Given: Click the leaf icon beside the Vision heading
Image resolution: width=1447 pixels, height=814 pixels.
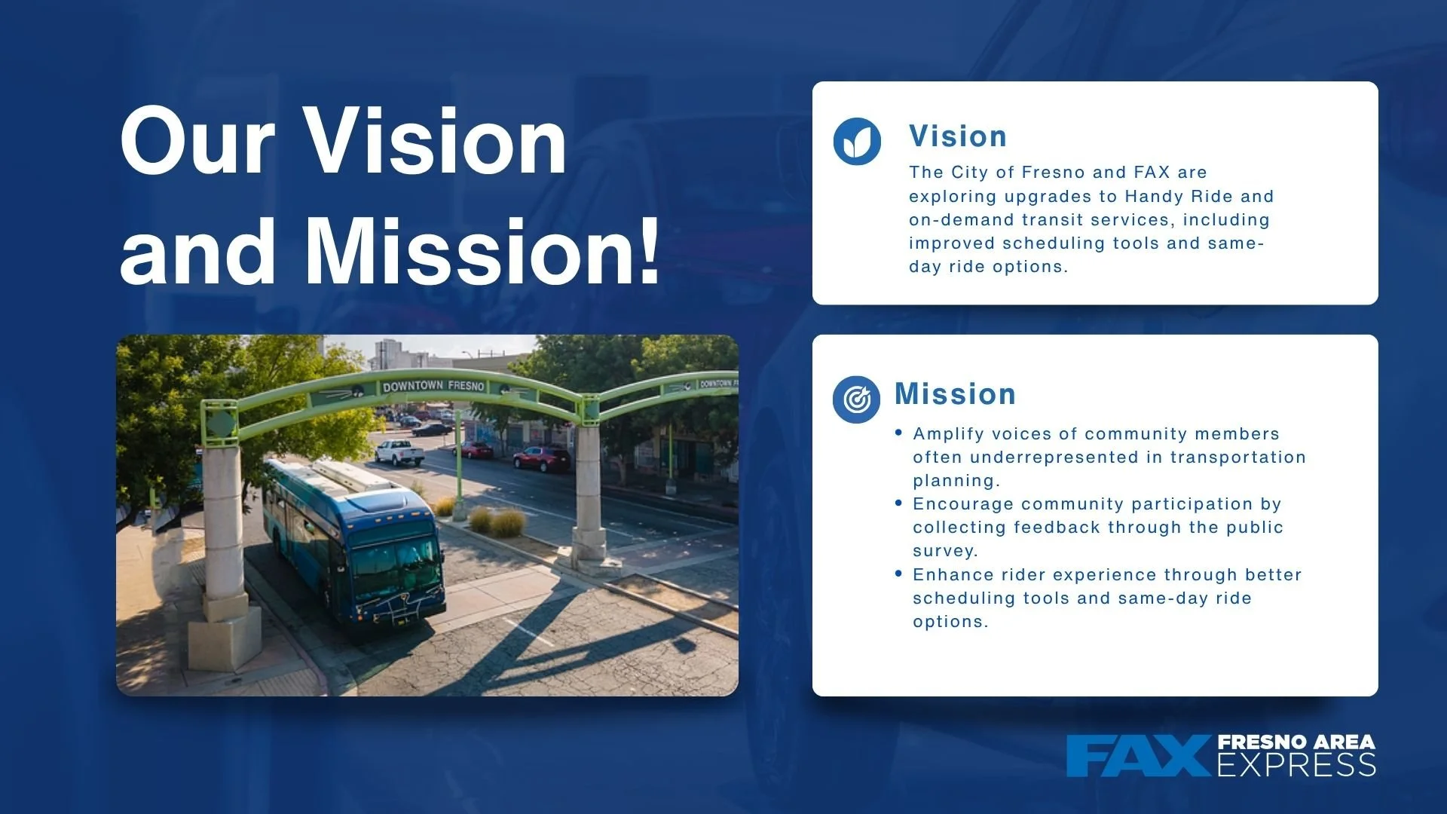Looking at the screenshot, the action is [857, 141].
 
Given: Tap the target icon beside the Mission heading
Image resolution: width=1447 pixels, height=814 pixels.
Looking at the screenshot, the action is [856, 399].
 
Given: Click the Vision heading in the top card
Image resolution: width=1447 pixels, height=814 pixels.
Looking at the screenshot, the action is [958, 136].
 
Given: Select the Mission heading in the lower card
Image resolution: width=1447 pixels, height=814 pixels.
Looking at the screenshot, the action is [955, 394].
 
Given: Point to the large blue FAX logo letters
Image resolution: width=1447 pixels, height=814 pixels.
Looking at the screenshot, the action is [1138, 756].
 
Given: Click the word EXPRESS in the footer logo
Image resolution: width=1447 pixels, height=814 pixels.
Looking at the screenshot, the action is [1296, 765].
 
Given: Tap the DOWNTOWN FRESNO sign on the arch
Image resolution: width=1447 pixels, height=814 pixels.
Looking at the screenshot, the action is [433, 386].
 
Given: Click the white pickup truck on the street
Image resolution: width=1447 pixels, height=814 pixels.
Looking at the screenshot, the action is [399, 452].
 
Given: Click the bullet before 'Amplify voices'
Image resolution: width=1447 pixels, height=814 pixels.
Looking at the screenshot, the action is [898, 433].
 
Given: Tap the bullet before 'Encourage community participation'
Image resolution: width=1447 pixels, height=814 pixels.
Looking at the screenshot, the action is [898, 503].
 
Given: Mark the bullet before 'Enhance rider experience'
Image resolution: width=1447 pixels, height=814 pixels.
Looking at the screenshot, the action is [898, 574].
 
